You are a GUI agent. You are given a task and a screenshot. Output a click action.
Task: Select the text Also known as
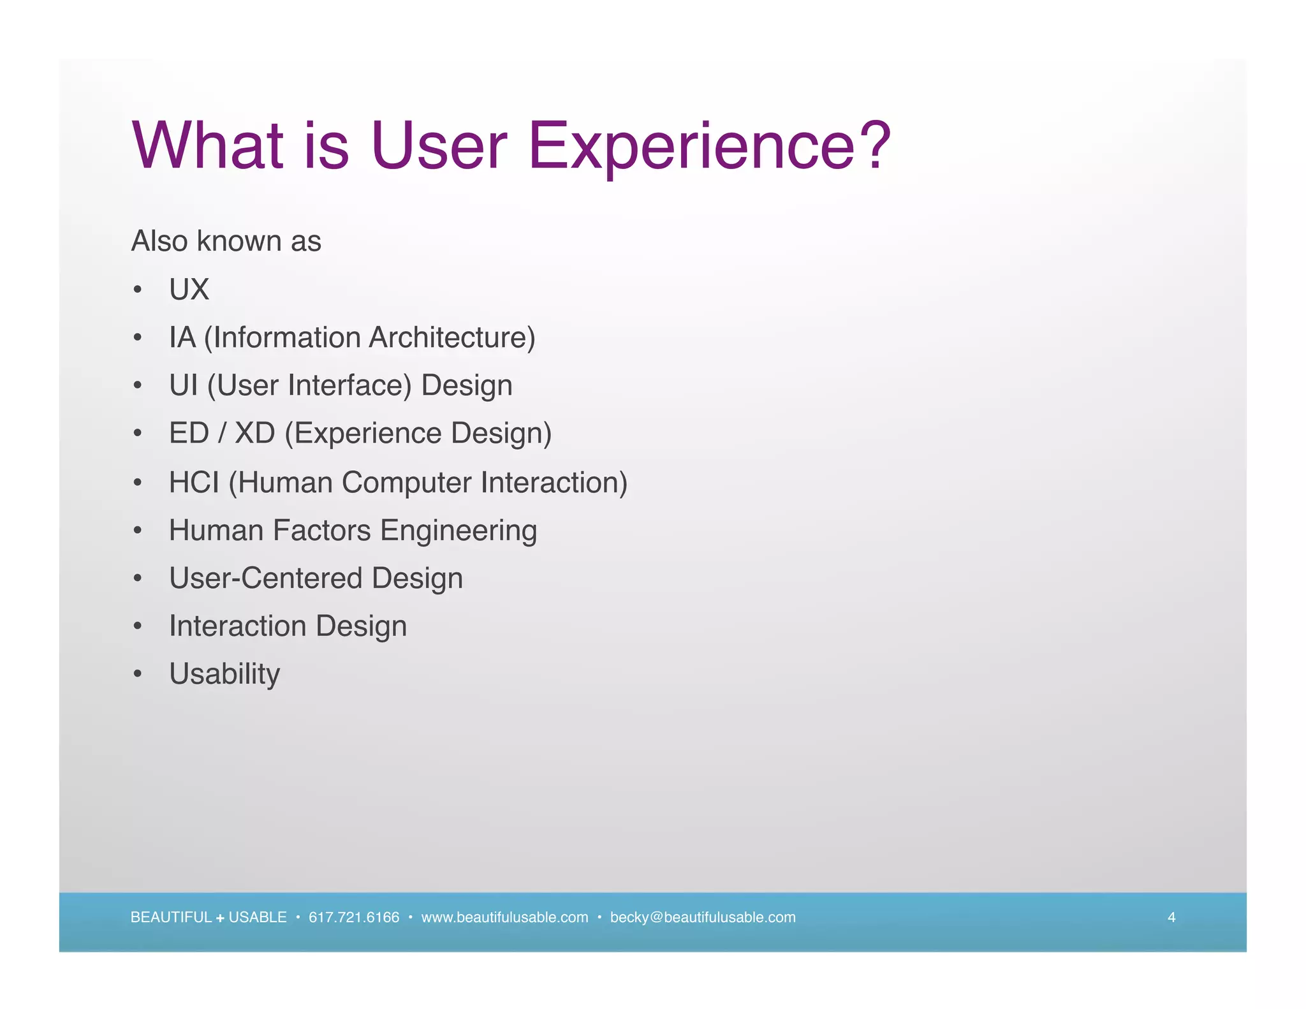click(226, 241)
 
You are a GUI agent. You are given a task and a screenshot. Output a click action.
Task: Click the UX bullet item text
click(189, 290)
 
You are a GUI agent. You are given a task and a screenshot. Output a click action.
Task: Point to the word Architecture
click(452, 337)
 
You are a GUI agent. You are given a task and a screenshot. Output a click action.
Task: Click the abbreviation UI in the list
click(183, 385)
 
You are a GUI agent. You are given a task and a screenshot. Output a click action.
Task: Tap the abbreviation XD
click(254, 433)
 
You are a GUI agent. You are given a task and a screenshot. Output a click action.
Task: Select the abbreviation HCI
click(194, 482)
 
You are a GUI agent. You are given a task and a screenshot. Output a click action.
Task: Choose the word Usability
click(224, 674)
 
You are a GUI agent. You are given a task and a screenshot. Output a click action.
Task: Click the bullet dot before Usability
click(138, 674)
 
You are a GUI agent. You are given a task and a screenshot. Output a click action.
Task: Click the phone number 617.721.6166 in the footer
click(354, 917)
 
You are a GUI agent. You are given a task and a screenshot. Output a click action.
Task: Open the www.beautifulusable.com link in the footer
click(504, 917)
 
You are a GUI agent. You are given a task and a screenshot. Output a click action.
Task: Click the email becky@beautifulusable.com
click(703, 917)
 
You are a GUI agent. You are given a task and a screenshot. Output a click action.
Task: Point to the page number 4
click(1171, 917)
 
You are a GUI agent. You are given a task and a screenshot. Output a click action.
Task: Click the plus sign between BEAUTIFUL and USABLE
click(220, 918)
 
